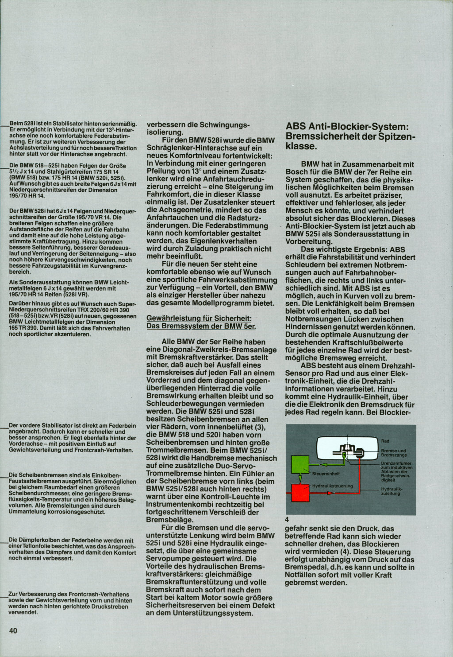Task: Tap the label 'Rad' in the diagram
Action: pyautogui.click(x=385, y=441)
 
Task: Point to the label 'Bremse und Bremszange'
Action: pyautogui.click(x=393, y=453)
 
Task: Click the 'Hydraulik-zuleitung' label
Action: pyautogui.click(x=391, y=491)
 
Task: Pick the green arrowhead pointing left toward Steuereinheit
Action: pyautogui.click(x=322, y=465)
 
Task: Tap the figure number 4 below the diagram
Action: pyautogui.click(x=287, y=520)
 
